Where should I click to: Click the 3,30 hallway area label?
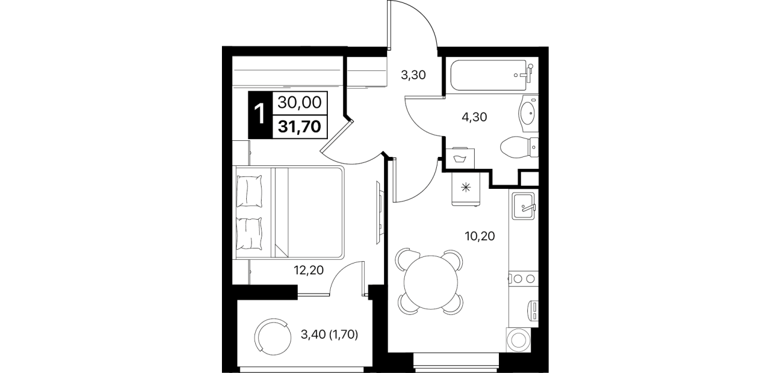pyautogui.click(x=414, y=75)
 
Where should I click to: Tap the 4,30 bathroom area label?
pyautogui.click(x=475, y=117)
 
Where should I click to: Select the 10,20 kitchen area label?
pyautogui.click(x=480, y=236)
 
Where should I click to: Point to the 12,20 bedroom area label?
pyautogui.click(x=309, y=270)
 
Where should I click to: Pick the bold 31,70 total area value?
pyautogui.click(x=299, y=127)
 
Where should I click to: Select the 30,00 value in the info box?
pyautogui.click(x=299, y=102)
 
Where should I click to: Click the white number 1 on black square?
pyautogui.click(x=260, y=114)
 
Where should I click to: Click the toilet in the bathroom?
pyautogui.click(x=519, y=147)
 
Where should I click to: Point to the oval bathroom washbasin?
pyautogui.click(x=528, y=114)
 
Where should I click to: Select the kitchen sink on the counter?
pyautogui.click(x=524, y=205)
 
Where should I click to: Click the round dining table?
pyautogui.click(x=431, y=282)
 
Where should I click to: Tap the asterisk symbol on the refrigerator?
pyautogui.click(x=465, y=188)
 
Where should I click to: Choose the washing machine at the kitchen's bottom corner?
pyautogui.click(x=518, y=340)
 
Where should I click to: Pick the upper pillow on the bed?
pyautogui.click(x=249, y=191)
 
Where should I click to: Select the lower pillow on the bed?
pyautogui.click(x=249, y=233)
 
